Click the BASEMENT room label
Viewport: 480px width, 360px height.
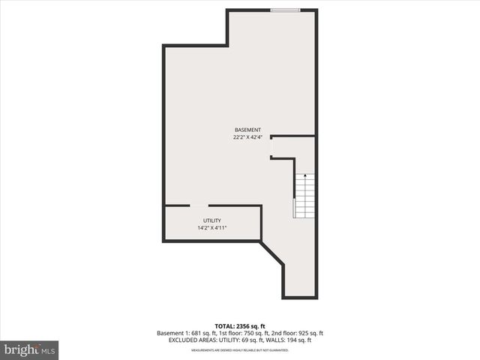pyautogui.click(x=247, y=129)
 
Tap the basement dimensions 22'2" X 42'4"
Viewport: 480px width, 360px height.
pyautogui.click(x=247, y=136)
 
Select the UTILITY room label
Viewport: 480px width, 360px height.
pyautogui.click(x=211, y=220)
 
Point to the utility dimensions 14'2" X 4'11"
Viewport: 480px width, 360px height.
pyautogui.click(x=211, y=228)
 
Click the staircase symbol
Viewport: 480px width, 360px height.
pyautogui.click(x=304, y=195)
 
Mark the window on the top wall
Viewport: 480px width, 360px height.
pyautogui.click(x=286, y=10)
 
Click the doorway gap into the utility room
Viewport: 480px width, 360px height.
pyautogui.click(x=199, y=205)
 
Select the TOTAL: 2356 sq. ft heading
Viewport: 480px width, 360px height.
pyautogui.click(x=240, y=325)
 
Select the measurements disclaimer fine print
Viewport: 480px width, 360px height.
pyautogui.click(x=240, y=349)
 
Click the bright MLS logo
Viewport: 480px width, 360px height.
pyautogui.click(x=30, y=349)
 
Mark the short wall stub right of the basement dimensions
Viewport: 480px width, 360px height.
pyautogui.click(x=292, y=136)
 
